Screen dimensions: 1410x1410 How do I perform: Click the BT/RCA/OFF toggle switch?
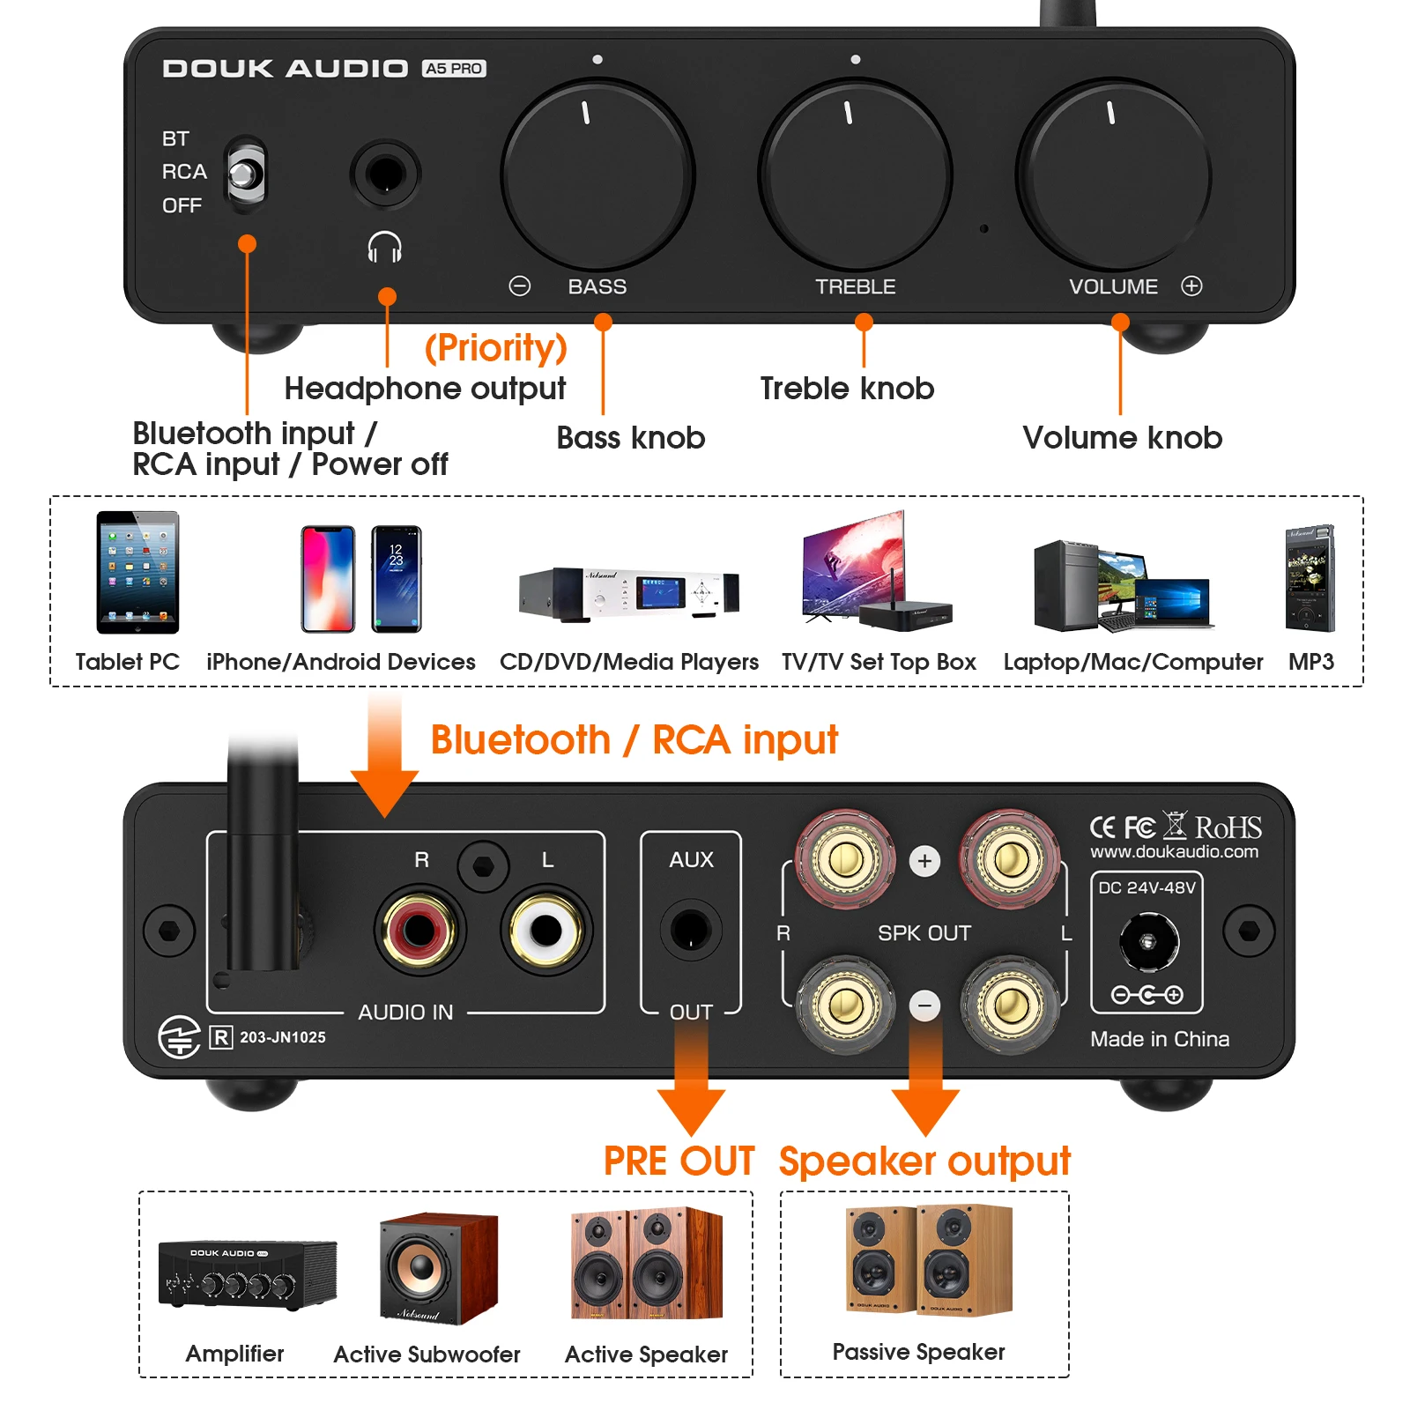click(245, 174)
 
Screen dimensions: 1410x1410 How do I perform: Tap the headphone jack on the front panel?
click(385, 173)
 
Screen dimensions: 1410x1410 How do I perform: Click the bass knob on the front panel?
click(597, 175)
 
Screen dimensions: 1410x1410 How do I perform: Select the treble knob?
click(855, 175)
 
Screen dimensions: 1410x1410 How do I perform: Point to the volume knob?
click(1113, 175)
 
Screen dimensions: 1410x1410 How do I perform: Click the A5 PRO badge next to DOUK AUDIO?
click(454, 69)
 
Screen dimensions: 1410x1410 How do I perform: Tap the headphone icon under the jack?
click(385, 248)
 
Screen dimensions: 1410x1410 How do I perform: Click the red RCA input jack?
click(419, 929)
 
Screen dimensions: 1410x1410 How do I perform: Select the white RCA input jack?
click(545, 929)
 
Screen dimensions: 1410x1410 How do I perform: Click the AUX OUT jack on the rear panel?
click(691, 930)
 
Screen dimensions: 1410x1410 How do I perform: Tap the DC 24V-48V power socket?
click(1148, 941)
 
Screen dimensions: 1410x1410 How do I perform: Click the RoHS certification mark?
click(1228, 827)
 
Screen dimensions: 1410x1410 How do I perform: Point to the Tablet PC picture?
click(137, 572)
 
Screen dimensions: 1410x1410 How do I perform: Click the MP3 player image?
click(1310, 578)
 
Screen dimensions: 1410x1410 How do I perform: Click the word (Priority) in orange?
click(495, 347)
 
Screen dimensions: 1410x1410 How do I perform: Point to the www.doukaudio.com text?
click(1174, 851)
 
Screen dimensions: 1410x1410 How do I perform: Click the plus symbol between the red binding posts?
click(924, 861)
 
